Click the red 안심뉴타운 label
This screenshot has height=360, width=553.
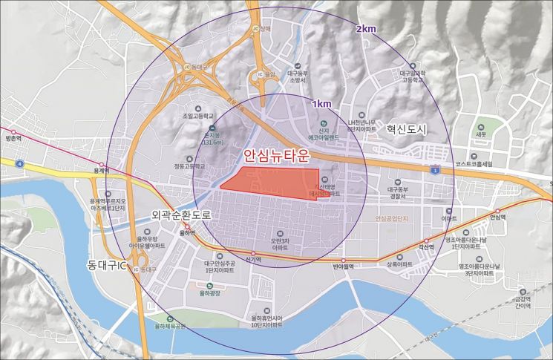coord(276,156)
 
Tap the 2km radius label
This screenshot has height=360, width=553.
coord(367,29)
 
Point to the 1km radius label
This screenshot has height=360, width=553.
coord(322,103)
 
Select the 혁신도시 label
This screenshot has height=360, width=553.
coord(407,129)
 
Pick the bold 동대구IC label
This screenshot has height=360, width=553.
coord(102,264)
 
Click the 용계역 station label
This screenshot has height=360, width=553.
coord(101,170)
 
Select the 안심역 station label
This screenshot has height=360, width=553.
coord(497,217)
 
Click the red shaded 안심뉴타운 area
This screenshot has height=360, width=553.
coord(271,182)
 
